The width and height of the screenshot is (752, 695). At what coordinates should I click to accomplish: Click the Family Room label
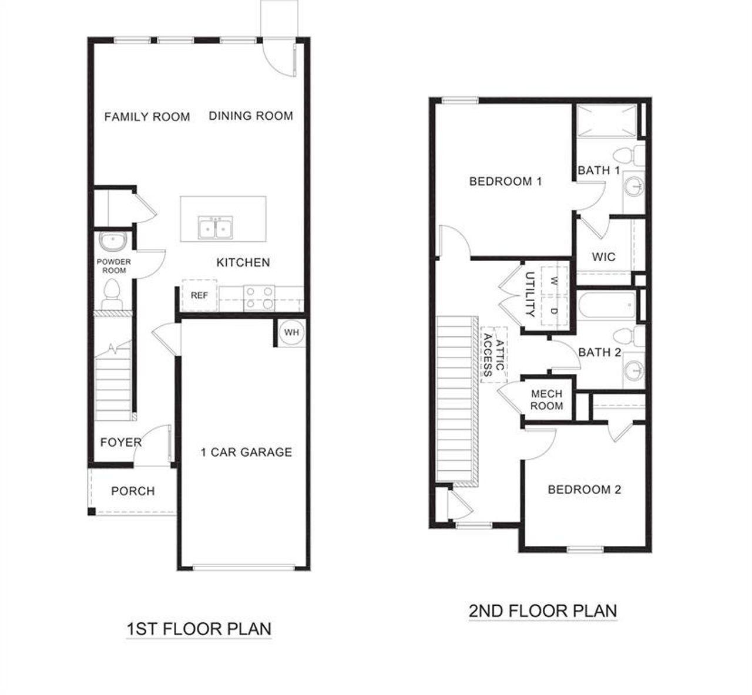[x=147, y=117]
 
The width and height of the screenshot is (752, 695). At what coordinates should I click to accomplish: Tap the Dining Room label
[x=251, y=116]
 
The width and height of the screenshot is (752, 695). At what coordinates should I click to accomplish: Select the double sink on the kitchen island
[x=215, y=228]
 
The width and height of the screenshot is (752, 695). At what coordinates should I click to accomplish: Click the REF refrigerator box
[x=199, y=296]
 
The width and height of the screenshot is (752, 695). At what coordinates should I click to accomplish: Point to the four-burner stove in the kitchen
[x=259, y=297]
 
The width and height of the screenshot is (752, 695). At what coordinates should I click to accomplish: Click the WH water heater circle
[x=291, y=333]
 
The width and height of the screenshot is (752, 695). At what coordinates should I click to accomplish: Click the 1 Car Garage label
[x=246, y=452]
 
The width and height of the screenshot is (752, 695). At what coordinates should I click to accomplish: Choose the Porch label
[x=133, y=491]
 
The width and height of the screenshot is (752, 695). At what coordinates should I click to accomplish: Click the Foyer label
[x=120, y=443]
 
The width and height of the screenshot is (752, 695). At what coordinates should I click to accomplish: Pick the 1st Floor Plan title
[x=199, y=629]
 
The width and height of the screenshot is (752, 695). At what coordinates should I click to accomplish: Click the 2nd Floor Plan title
[x=543, y=610]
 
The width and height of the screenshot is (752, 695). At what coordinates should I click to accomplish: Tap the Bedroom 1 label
[x=505, y=181]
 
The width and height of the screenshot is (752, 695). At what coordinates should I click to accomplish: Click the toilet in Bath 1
[x=624, y=156]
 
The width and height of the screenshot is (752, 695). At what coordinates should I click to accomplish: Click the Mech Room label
[x=546, y=400]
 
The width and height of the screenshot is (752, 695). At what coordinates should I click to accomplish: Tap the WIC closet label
[x=603, y=257]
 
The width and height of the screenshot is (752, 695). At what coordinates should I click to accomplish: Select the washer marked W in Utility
[x=554, y=281]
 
